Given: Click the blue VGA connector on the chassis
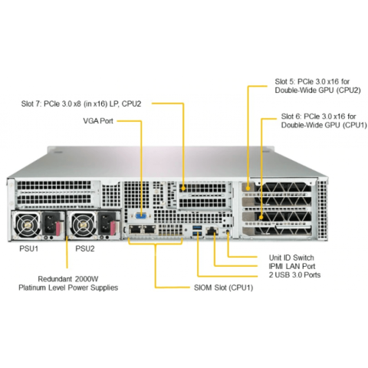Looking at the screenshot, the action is [x=141, y=216].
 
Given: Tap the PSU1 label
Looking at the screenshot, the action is [x=29, y=248].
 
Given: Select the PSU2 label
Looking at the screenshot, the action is [x=85, y=248].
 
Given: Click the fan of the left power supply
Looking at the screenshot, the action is [x=27, y=225].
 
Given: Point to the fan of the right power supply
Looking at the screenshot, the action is [x=83, y=225].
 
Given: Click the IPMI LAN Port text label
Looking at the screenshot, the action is [x=292, y=266].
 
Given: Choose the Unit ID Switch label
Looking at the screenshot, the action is [x=291, y=258].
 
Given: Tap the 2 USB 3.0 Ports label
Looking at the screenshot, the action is [x=294, y=275].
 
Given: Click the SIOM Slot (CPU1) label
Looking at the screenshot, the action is [x=224, y=287].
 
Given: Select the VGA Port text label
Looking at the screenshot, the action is [x=98, y=121].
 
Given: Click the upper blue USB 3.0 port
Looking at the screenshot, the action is [x=197, y=228].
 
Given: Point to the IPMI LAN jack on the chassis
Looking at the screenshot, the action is [x=212, y=232].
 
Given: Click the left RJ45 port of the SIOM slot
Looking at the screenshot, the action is [x=135, y=230].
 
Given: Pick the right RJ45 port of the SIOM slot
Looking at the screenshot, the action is [x=149, y=230].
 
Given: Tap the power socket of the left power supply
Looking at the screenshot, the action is [x=50, y=224].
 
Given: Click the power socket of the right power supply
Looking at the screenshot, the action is [x=105, y=224].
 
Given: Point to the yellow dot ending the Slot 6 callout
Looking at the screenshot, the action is [x=261, y=218].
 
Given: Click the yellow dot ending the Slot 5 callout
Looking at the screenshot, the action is [x=248, y=189].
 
